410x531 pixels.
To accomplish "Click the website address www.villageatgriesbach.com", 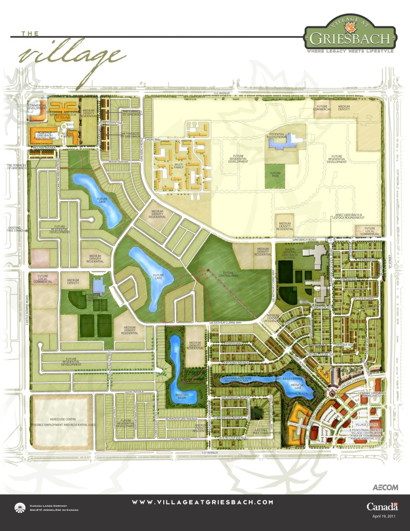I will point(203,502).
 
